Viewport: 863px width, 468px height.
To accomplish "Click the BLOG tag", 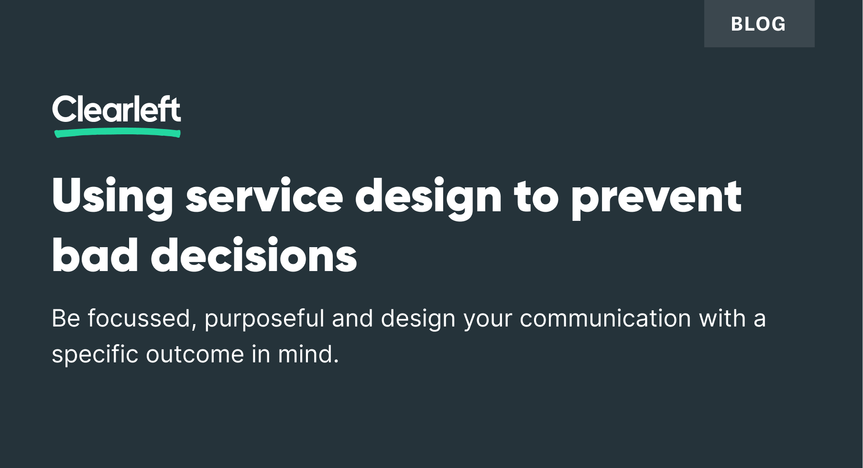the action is [759, 23].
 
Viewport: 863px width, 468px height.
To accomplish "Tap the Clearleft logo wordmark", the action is [116, 109].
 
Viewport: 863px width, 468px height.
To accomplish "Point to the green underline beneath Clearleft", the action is [118, 133].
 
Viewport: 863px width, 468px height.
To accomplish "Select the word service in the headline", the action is [264, 196].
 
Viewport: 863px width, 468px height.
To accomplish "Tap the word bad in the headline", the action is [95, 255].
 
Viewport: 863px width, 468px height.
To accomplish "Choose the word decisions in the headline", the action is [254, 255].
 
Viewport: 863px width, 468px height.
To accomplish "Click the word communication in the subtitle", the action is [605, 318].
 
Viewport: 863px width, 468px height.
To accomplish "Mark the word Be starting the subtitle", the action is [66, 318].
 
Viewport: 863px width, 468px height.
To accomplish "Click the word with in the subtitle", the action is [722, 318].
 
